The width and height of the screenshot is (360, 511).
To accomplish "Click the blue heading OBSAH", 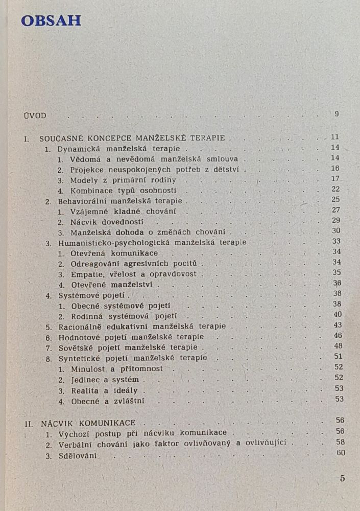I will [x=51, y=20].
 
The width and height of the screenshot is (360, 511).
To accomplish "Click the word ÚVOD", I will [x=35, y=115].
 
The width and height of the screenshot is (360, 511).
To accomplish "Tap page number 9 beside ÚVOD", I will [x=337, y=114].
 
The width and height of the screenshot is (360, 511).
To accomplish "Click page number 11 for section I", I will [x=335, y=137].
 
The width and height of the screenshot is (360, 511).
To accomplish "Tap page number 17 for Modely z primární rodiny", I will [x=335, y=178].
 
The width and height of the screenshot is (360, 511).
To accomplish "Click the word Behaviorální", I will [x=81, y=201].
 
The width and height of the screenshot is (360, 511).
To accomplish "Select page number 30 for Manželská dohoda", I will [x=335, y=230].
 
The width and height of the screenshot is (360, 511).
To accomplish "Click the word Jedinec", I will [x=85, y=380].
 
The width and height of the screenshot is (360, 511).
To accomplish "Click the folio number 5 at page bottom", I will [x=342, y=479].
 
